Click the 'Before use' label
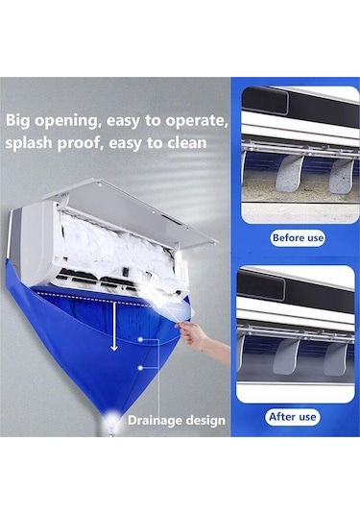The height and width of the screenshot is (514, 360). pos(298,237)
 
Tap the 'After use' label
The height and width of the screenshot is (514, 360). pos(293,417)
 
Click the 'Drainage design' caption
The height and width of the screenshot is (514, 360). pos(177,420)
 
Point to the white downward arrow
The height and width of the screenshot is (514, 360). pos(114,327)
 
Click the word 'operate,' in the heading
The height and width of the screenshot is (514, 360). pos(197,121)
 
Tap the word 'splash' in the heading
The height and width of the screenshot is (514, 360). pos(29,143)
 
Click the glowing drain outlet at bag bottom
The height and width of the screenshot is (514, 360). pos(111,419)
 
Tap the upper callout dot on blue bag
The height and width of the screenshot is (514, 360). pos(140,339)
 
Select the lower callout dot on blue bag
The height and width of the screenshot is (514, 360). pos(140,368)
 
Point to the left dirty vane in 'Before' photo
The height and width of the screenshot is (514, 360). pos(288,174)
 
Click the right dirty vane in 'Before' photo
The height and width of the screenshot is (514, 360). pos(341,176)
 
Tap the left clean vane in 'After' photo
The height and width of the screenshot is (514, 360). pos(286,356)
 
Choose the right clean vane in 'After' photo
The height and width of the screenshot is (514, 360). pos(336,359)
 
